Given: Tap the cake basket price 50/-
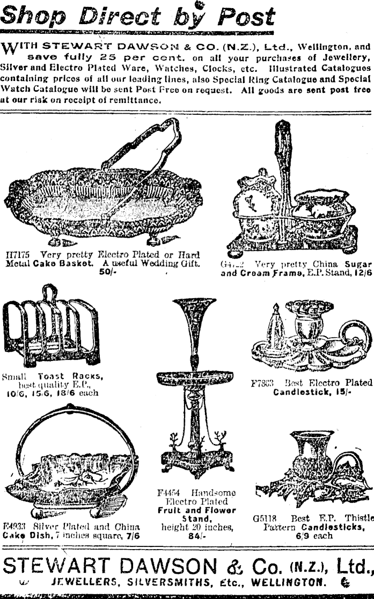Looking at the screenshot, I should click(x=105, y=272).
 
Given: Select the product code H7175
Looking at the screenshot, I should click(x=17, y=255).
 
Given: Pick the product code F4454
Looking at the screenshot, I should click(x=172, y=493).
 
